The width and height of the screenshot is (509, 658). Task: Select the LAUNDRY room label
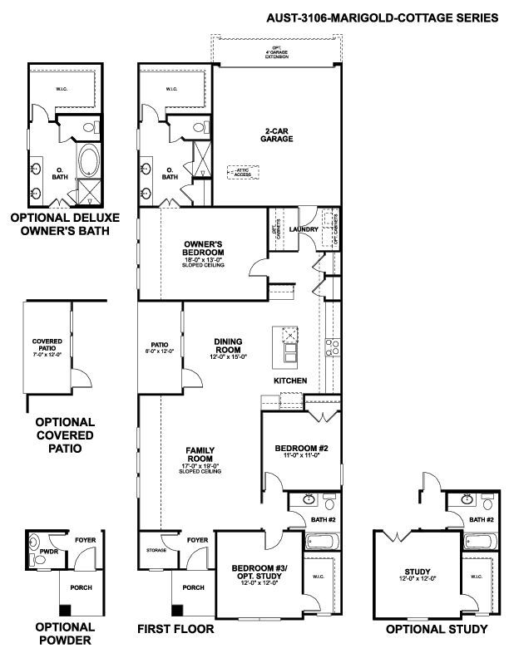(x=304, y=230)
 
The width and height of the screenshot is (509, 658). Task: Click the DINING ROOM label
(x=228, y=345)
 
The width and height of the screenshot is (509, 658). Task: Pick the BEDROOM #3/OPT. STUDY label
(x=258, y=572)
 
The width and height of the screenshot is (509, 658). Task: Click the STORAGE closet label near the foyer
(x=156, y=550)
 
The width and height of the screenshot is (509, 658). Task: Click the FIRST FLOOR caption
(x=175, y=630)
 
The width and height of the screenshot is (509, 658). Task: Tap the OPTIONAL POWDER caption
(x=63, y=634)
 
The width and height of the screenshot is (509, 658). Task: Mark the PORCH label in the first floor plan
(x=192, y=587)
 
